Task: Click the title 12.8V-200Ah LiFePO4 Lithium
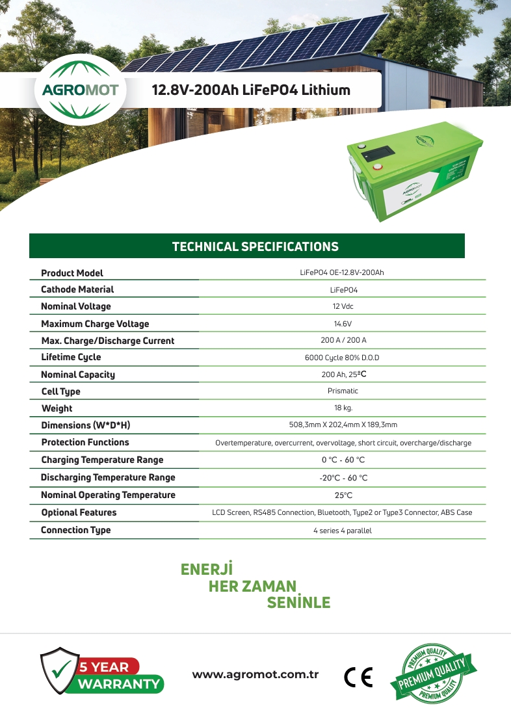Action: (x=251, y=90)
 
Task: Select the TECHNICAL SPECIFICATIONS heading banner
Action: (x=255, y=246)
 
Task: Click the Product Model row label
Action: (x=72, y=273)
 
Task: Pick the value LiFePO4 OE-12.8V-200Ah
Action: (x=342, y=272)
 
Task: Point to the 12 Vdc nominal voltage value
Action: (x=343, y=306)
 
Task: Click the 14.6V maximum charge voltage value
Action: (x=343, y=324)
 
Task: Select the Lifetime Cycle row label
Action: (x=71, y=357)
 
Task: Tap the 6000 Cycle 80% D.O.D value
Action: (x=342, y=358)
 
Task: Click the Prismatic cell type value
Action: (x=343, y=391)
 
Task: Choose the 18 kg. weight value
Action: (x=343, y=408)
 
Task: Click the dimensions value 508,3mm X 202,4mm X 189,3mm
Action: (x=343, y=425)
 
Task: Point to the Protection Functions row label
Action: (x=85, y=442)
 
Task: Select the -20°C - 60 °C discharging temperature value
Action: (x=343, y=478)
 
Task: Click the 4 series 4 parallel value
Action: (x=343, y=531)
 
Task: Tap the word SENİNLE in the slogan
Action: (x=298, y=603)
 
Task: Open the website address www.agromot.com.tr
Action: (x=255, y=674)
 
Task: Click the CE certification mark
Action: (x=358, y=678)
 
